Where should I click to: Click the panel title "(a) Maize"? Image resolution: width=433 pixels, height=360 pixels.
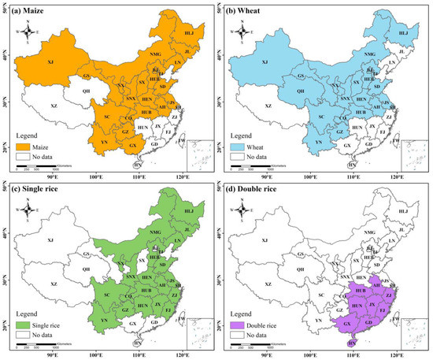point(30,10)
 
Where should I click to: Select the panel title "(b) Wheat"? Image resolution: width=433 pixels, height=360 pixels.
point(248,10)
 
